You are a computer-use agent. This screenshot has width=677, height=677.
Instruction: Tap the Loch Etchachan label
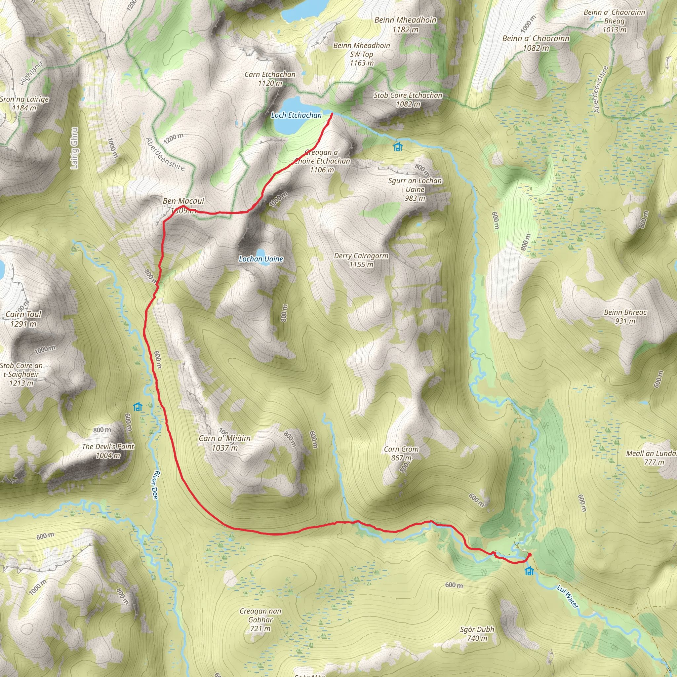(x=296, y=115)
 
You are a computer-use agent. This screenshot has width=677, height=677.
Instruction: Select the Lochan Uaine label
(x=261, y=259)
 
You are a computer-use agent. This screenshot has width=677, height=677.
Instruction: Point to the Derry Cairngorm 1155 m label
(x=361, y=260)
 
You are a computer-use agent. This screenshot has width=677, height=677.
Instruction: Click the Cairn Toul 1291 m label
(x=23, y=319)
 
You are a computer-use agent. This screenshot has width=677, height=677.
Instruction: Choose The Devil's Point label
(x=108, y=451)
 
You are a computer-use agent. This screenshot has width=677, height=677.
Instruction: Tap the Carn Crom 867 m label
(x=401, y=454)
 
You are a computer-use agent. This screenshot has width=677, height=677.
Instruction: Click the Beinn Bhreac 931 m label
(x=625, y=316)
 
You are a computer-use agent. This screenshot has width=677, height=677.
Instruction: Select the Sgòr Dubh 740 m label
(x=477, y=634)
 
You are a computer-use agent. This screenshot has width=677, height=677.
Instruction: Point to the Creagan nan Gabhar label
(x=260, y=619)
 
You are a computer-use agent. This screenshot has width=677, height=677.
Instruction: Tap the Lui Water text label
(x=568, y=596)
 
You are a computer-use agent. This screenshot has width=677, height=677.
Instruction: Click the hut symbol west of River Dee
(x=138, y=407)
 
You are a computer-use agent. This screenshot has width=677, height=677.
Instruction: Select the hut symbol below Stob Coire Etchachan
(x=397, y=146)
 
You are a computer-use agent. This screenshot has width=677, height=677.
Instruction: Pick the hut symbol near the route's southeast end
(x=529, y=571)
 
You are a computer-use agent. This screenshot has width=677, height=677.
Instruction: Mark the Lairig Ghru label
(x=74, y=148)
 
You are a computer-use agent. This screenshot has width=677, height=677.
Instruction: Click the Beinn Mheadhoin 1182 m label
(x=405, y=24)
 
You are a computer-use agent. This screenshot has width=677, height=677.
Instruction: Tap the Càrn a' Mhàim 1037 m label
(x=224, y=443)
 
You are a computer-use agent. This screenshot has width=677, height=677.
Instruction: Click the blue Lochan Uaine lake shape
(x=260, y=252)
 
